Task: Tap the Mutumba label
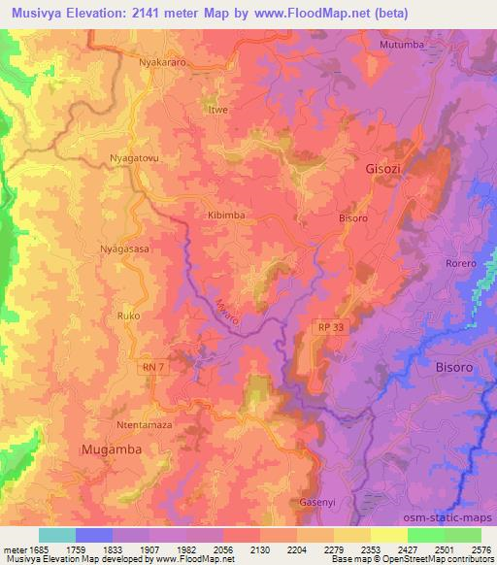pyautogui.click(x=402, y=45)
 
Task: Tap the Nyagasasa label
pyautogui.click(x=124, y=249)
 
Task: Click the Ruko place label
pyautogui.click(x=128, y=316)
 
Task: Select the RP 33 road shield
pyautogui.click(x=330, y=328)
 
